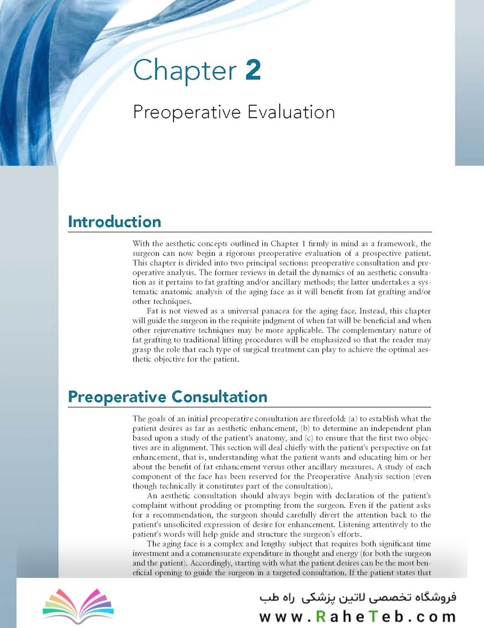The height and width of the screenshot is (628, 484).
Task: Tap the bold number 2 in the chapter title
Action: (x=253, y=70)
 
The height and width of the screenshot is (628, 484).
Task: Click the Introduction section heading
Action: (x=115, y=222)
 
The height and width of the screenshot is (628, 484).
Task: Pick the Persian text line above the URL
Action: (x=357, y=597)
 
